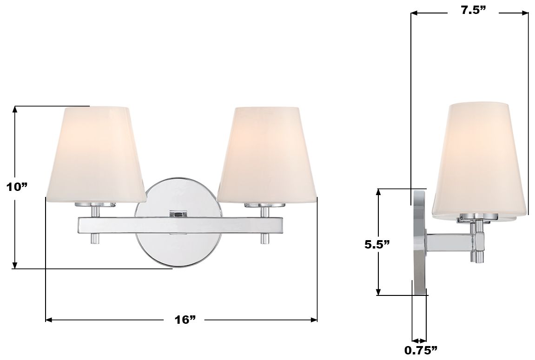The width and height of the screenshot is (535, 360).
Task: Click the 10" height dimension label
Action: [17, 187]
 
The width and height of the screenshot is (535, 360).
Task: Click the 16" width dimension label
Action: [184, 320]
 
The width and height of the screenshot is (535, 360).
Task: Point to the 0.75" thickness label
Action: [421, 349]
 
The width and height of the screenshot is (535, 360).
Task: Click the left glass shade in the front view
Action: [96, 153]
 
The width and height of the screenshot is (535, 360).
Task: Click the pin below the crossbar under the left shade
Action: [94, 239]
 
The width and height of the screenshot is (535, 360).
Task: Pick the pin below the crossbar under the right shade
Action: [264, 239]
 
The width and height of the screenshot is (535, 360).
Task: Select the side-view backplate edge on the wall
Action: [419, 242]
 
